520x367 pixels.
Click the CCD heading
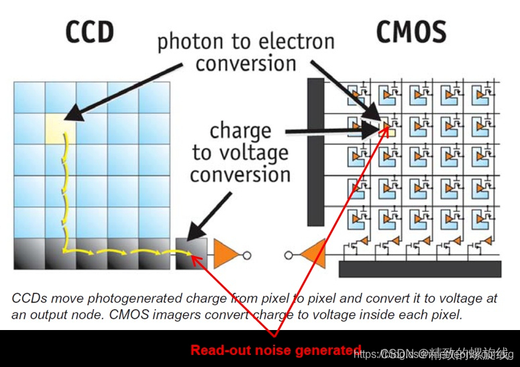[x=89, y=32]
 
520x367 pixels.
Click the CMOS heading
[x=411, y=32]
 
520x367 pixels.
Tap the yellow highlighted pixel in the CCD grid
[x=60, y=128]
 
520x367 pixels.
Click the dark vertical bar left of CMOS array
[x=315, y=151]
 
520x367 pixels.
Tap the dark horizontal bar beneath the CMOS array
[x=419, y=269]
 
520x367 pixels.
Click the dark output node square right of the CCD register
[x=191, y=253]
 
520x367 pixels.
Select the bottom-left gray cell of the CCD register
[x=29, y=253]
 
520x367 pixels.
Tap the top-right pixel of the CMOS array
[x=484, y=93]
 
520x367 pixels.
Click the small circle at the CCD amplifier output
[x=246, y=255]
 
